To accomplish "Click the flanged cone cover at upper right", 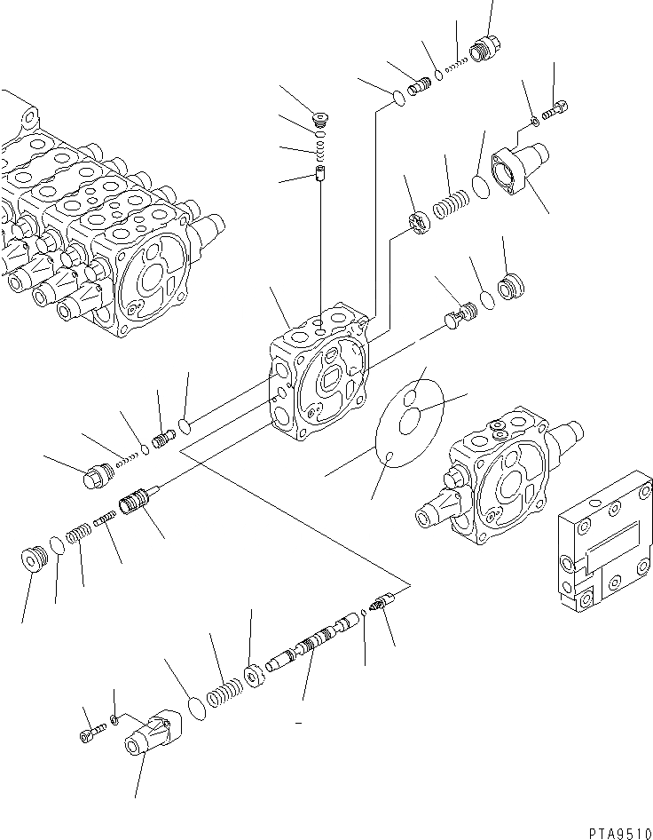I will click(x=522, y=169).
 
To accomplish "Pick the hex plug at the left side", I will click(x=92, y=478).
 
